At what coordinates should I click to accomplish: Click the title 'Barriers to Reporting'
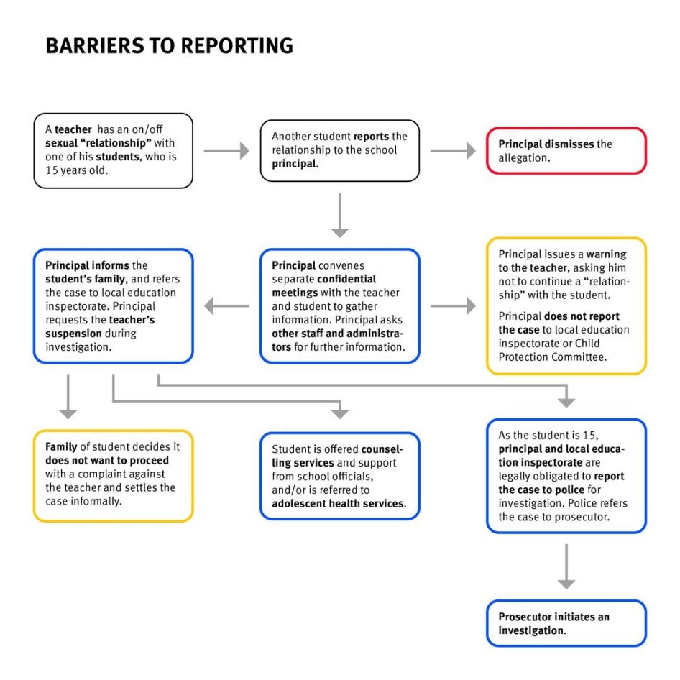(169, 45)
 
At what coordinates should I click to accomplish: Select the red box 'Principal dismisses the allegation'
(566, 151)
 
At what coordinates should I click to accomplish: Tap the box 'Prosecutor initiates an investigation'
(566, 623)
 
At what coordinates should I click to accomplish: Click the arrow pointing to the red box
(453, 150)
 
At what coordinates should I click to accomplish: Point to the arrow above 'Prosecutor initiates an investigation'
(566, 566)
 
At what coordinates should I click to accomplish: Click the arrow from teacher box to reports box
(226, 150)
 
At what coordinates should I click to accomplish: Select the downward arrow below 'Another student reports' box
(340, 215)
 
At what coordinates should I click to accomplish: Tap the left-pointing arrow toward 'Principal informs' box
(226, 306)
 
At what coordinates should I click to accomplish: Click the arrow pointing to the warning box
(453, 306)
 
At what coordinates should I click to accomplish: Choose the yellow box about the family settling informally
(113, 475)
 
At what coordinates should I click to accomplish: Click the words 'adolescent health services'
(339, 504)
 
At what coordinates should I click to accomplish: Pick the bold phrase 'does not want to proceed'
(107, 460)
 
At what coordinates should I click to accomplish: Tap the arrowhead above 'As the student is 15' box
(566, 400)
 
